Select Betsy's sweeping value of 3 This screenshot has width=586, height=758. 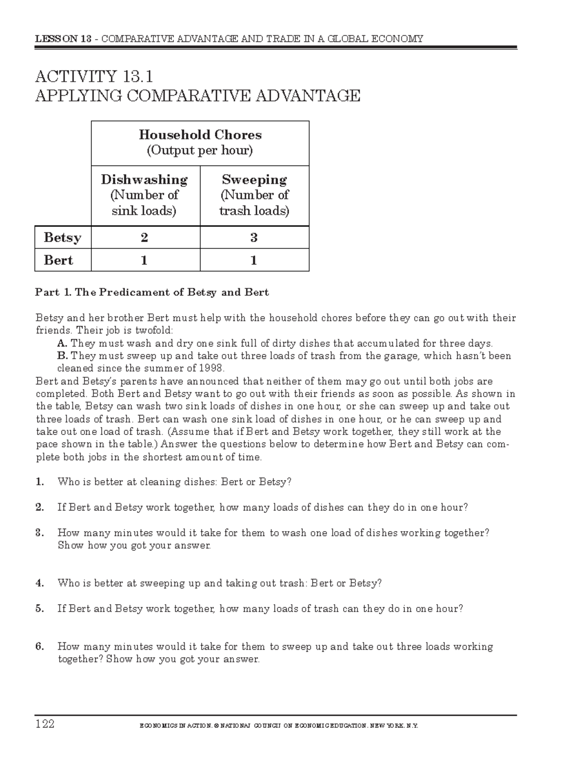[x=254, y=238]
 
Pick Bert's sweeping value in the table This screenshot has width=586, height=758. [x=254, y=260]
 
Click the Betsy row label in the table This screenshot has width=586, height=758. [x=62, y=238]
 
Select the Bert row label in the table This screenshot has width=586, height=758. [x=58, y=260]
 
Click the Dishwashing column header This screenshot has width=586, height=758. [x=144, y=180]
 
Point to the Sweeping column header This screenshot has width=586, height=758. [x=254, y=180]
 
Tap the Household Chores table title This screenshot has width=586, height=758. [x=200, y=135]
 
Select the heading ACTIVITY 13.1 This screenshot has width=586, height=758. [x=94, y=77]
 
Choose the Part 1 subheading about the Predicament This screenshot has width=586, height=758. [x=152, y=292]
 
